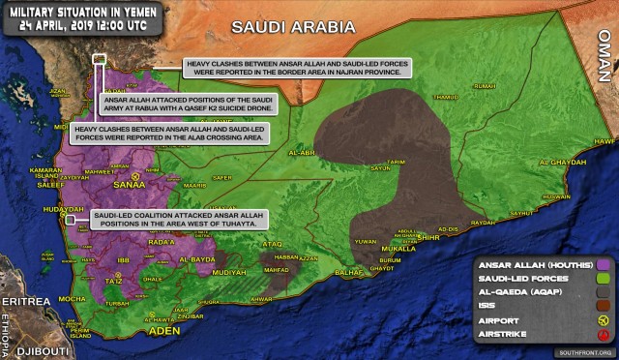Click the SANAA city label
(x=130, y=182)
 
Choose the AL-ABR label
(x=303, y=152)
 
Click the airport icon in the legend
(x=603, y=319)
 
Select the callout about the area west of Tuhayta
(x=174, y=220)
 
